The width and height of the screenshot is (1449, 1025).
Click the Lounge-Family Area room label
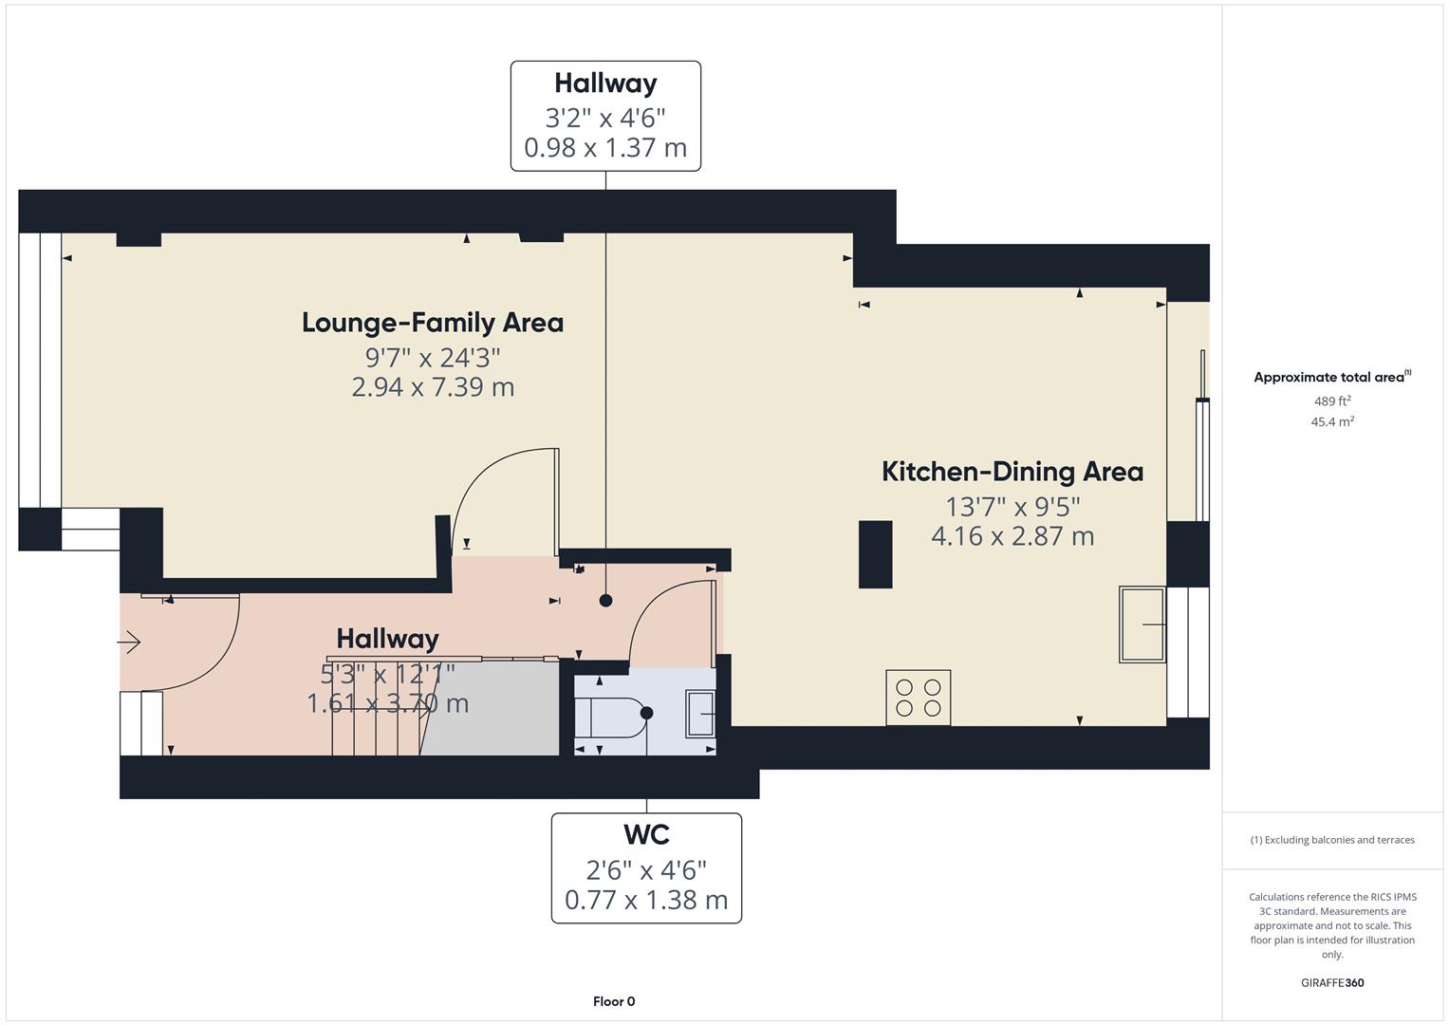(x=433, y=323)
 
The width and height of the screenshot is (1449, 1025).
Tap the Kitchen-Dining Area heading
(x=1012, y=472)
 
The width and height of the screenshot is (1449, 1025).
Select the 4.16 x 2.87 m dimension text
(x=1012, y=536)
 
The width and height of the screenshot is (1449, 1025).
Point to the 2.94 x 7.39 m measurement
(x=433, y=387)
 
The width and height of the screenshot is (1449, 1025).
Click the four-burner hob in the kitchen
(x=918, y=698)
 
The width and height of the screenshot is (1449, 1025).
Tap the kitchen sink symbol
(x=1142, y=624)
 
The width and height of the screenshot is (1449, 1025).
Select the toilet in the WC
(x=612, y=716)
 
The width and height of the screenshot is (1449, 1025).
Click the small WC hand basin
(x=701, y=714)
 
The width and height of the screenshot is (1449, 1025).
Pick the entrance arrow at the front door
(x=129, y=643)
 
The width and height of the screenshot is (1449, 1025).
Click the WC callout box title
(x=646, y=835)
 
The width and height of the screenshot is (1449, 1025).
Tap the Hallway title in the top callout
(x=605, y=84)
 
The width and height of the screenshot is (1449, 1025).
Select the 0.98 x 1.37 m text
(x=605, y=148)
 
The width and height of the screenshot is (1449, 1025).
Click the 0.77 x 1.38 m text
(x=646, y=900)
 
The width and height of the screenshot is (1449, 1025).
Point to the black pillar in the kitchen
(x=875, y=554)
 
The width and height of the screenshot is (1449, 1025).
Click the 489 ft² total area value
(x=1331, y=401)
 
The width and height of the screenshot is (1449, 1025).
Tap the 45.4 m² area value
(x=1331, y=422)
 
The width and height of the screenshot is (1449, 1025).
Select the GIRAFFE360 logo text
(x=1331, y=982)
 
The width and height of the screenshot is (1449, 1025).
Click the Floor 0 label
(x=614, y=1001)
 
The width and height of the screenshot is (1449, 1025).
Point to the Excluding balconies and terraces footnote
(x=1331, y=840)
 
